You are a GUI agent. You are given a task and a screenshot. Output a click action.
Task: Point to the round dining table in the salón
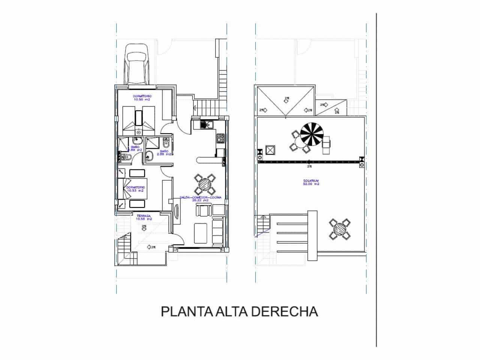coord(205,184)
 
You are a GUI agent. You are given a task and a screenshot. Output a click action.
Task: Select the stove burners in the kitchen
coord(221,138)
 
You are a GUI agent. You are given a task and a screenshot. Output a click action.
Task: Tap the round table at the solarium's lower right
coord(340,229)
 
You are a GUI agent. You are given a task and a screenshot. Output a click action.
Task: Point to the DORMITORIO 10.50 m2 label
coord(142,98)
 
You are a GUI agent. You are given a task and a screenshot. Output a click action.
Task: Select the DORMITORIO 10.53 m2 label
coord(135,189)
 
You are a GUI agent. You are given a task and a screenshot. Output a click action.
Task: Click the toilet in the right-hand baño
coord(166,143)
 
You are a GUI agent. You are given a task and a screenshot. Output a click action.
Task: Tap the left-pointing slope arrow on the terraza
coord(151,247)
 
